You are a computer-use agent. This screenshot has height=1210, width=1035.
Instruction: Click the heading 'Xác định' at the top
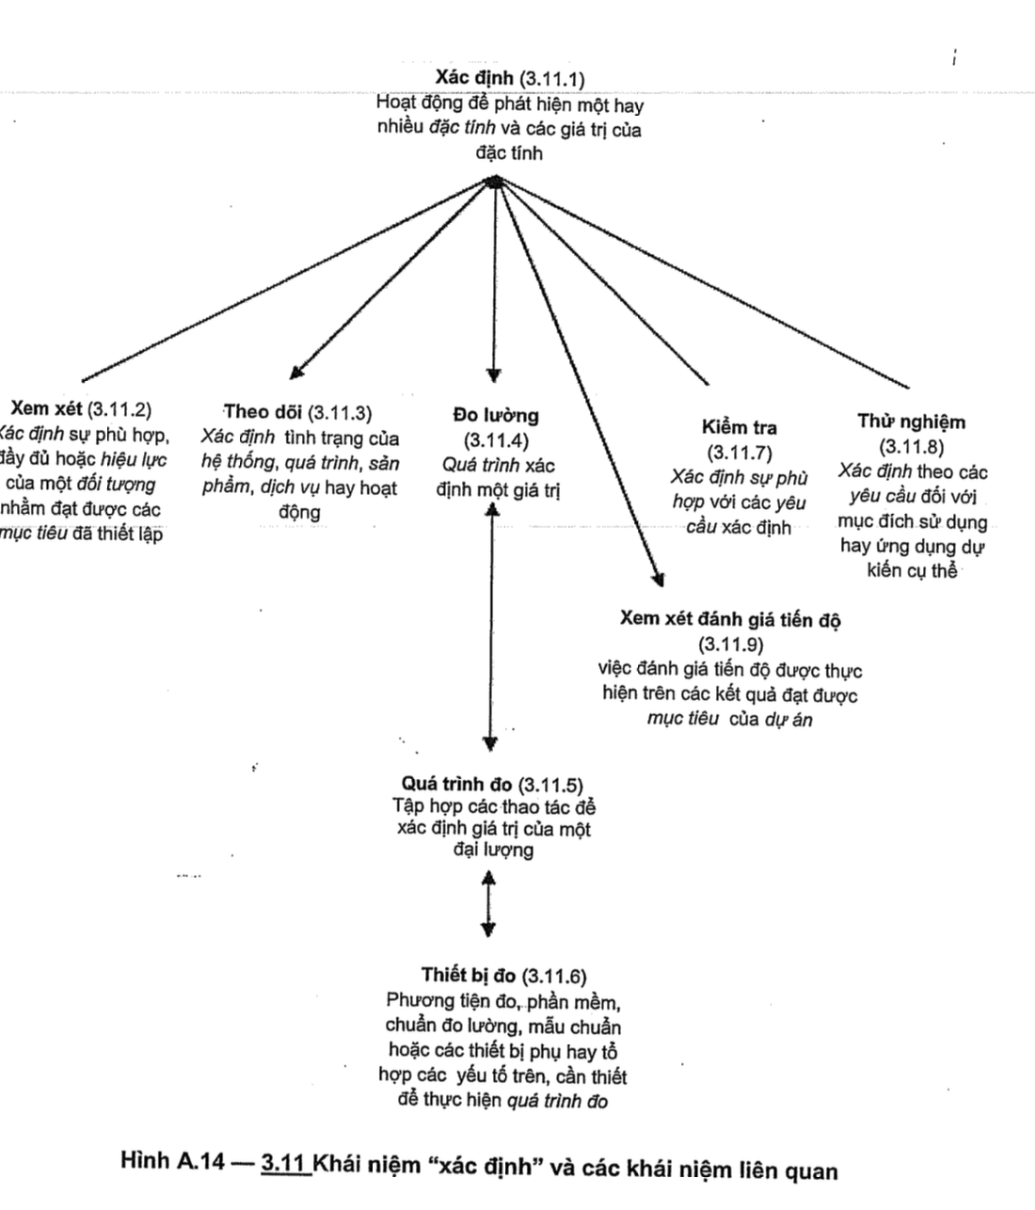click(475, 76)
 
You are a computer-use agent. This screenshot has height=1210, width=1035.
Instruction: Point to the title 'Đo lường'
click(496, 415)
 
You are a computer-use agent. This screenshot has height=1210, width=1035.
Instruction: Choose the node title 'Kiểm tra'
click(740, 427)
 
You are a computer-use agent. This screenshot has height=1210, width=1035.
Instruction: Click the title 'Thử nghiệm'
click(911, 422)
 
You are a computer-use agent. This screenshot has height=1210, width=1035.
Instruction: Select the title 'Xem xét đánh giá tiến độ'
click(730, 619)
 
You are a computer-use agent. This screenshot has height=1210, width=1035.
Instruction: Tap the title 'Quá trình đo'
click(456, 784)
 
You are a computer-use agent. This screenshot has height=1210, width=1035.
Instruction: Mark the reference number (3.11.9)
click(730, 645)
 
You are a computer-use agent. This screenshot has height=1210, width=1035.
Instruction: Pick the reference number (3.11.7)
click(740, 452)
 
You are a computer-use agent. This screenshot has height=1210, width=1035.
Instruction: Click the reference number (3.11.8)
click(911, 446)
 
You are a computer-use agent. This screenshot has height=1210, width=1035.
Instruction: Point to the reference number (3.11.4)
click(496, 439)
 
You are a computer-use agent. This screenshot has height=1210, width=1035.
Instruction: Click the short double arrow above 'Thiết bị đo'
click(487, 903)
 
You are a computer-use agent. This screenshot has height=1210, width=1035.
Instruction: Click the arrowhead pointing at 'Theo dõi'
click(296, 373)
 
